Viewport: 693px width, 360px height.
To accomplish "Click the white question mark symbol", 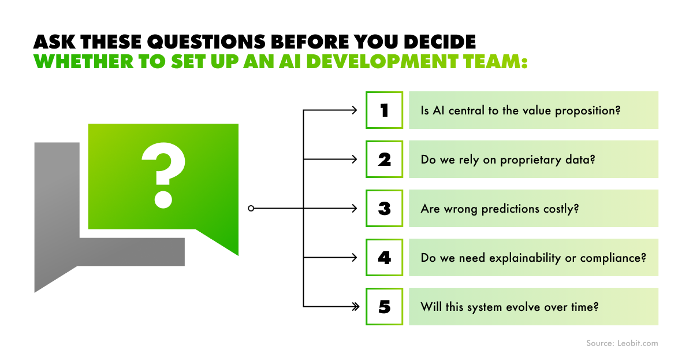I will pyautogui.click(x=163, y=175).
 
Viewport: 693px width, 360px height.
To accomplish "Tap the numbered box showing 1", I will pyautogui.click(x=384, y=110).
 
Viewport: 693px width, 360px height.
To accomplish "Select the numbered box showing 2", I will pyautogui.click(x=384, y=159).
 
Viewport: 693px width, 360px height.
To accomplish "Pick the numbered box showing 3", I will pyautogui.click(x=384, y=208).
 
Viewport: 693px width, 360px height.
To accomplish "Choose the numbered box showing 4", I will pyautogui.click(x=384, y=257).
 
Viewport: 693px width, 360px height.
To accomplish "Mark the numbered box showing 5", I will pyautogui.click(x=384, y=306).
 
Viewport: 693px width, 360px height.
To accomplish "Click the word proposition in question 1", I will pyautogui.click(x=587, y=110).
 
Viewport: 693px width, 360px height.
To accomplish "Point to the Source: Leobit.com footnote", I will pyautogui.click(x=622, y=343).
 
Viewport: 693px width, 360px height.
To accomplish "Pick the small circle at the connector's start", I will pyautogui.click(x=251, y=208).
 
